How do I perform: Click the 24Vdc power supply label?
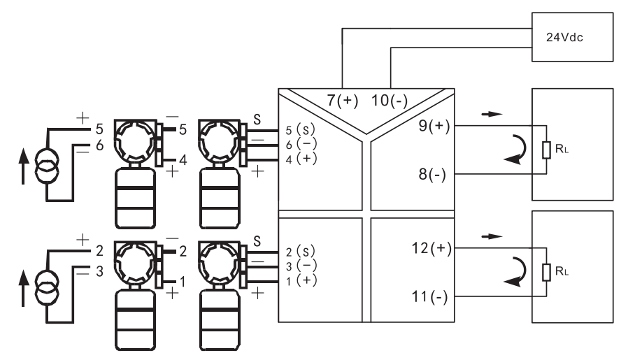point(564,37)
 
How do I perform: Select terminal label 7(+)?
point(343,100)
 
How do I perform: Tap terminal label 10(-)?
point(390,100)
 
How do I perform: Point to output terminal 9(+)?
point(434,126)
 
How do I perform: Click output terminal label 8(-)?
point(432,175)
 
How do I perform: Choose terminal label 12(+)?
point(431,248)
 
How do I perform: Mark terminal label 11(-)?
point(430,297)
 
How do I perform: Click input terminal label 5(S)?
point(301,130)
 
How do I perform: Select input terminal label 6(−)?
point(301,144)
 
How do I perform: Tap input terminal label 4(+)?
point(301,159)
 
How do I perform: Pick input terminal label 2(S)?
point(301,252)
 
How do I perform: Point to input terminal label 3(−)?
point(301,266)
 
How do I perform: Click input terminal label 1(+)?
point(301,280)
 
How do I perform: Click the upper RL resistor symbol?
point(546,150)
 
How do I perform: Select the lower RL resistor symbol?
point(546,273)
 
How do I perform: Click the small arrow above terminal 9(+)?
point(492,114)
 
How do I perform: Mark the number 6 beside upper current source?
point(100,145)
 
